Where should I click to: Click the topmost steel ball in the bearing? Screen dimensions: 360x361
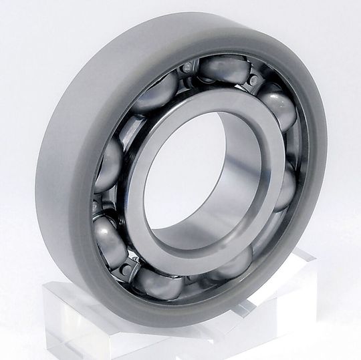(223, 68)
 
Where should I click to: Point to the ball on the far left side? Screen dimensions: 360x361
(107, 164)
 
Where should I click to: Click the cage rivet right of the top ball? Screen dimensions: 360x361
(253, 80)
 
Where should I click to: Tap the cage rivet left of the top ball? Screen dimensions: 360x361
(189, 67)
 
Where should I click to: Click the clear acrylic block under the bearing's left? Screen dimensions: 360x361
(74, 314)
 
